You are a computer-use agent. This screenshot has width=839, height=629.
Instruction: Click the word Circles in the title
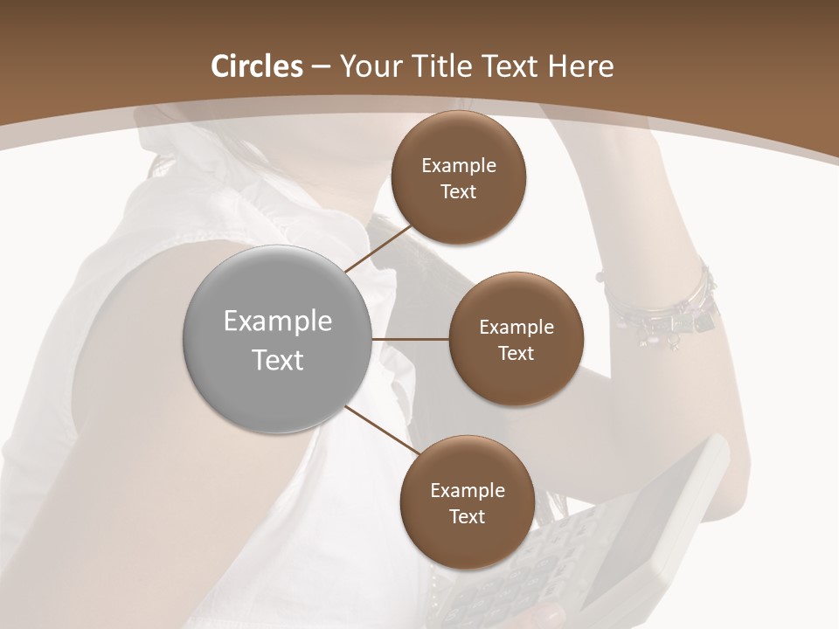coord(256,66)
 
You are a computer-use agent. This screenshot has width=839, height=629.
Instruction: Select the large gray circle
coord(278,339)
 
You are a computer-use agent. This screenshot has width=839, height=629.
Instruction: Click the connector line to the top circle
coord(378,248)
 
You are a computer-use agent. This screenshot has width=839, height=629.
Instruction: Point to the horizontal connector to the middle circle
coord(410,339)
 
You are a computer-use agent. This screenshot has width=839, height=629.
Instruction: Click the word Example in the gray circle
coord(278,321)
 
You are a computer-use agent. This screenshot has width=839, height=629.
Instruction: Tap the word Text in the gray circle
coord(278,359)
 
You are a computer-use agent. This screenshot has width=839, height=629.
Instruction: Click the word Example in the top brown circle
coord(459,166)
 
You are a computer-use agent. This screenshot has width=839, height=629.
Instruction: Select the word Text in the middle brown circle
coord(516,353)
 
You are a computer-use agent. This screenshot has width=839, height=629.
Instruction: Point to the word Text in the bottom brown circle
coord(467,516)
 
